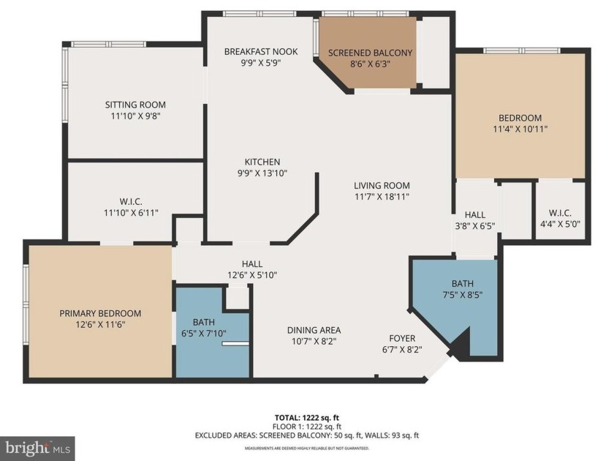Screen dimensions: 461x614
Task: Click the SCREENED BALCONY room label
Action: click(370, 53)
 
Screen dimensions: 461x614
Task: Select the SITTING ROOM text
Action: click(135, 105)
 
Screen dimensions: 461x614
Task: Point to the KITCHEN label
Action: click(262, 162)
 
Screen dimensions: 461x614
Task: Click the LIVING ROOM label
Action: click(382, 185)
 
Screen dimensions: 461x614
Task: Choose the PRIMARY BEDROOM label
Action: click(100, 313)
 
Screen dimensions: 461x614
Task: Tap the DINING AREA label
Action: click(314, 330)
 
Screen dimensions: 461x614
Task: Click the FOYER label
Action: click(402, 338)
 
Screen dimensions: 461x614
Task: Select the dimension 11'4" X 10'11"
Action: click(520, 129)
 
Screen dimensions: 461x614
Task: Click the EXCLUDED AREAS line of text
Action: click(306, 435)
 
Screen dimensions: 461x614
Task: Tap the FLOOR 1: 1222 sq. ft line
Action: click(306, 425)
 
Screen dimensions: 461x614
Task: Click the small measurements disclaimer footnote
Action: click(306, 448)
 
